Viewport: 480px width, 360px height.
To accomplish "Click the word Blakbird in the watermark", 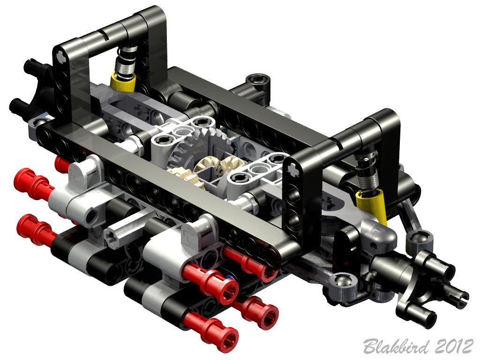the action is click(396, 347).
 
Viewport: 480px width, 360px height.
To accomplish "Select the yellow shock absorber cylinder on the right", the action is click(372, 206).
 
